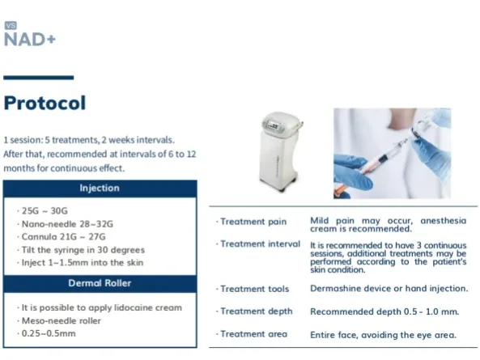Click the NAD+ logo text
[30, 40]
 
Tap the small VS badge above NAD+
[11, 25]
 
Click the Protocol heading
[45, 103]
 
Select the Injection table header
[100, 188]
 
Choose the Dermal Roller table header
[100, 283]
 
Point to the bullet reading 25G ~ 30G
[43, 211]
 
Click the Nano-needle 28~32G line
[66, 224]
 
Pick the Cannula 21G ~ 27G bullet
[62, 237]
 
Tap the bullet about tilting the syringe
[81, 250]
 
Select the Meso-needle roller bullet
[59, 320]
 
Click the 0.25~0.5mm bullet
[46, 333]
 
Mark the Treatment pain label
[251, 222]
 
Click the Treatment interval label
[258, 244]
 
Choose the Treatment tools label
[253, 289]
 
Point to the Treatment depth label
[254, 311]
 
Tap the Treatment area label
[252, 334]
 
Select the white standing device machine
[281, 152]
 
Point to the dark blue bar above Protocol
[39, 78]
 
